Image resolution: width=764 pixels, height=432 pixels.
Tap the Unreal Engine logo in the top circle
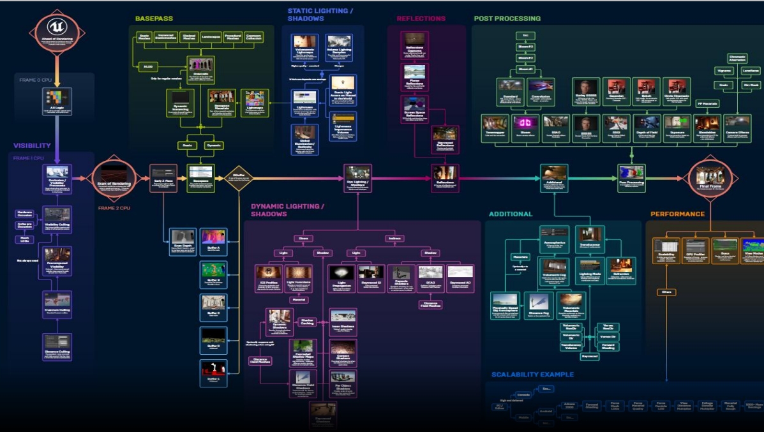pos(56,28)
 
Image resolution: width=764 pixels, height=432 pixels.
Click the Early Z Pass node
pos(162,177)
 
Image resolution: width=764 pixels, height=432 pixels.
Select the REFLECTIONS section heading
pos(421,19)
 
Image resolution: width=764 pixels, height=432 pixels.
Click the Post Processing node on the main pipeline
pos(630,177)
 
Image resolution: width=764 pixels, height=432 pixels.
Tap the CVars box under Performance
pos(666,293)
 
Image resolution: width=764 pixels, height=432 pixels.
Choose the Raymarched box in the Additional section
pos(590,356)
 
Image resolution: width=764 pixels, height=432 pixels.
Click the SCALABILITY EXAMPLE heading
pos(532,374)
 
